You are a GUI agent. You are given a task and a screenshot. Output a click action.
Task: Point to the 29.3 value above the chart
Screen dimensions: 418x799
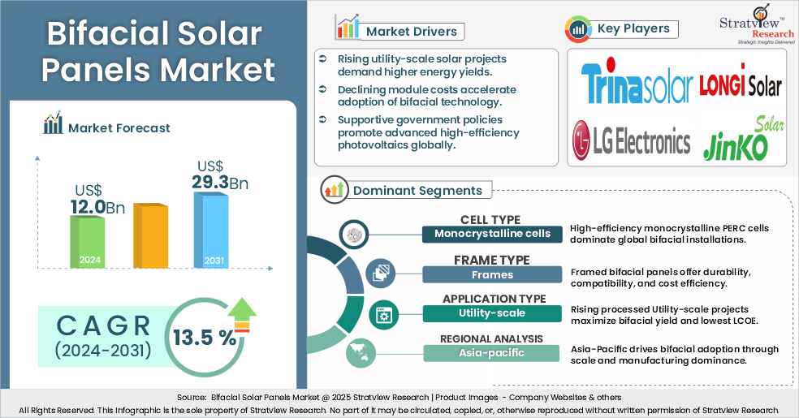click(209, 183)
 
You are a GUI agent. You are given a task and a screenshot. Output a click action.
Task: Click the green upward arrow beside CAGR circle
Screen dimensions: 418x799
click(243, 312)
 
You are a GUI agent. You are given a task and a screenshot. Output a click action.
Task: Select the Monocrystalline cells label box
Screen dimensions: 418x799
click(492, 234)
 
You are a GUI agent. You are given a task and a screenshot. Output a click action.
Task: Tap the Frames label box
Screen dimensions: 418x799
click(491, 274)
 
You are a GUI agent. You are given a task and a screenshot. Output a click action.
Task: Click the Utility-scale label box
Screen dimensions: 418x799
click(491, 312)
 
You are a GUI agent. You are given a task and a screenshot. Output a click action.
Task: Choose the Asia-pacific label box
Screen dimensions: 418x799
click(491, 352)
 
